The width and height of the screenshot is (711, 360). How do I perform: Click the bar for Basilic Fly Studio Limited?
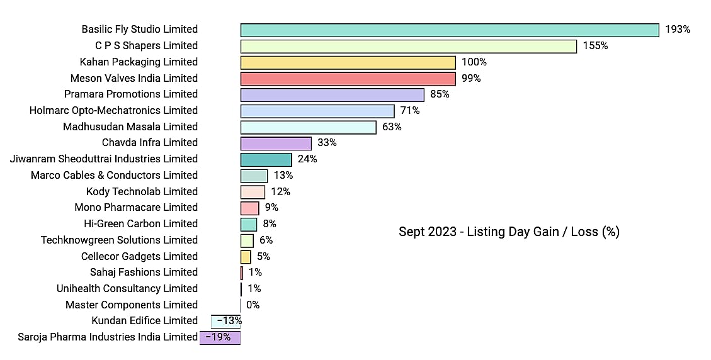click(450, 30)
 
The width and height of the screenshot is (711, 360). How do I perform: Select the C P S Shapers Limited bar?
click(409, 46)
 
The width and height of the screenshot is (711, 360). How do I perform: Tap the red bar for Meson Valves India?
click(348, 79)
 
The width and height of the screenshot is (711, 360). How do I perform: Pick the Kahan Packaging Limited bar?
click(348, 62)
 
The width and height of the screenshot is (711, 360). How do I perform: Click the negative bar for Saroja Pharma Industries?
click(220, 338)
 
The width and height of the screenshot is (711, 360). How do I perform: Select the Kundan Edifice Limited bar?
click(226, 322)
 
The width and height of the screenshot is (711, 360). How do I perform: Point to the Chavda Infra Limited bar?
click(276, 143)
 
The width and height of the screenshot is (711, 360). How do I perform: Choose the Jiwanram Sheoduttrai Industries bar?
click(266, 160)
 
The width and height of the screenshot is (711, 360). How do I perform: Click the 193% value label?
click(678, 30)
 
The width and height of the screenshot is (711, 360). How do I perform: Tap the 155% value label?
click(595, 46)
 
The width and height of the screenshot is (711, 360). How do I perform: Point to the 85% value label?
click(440, 94)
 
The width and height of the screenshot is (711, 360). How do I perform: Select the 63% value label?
click(392, 127)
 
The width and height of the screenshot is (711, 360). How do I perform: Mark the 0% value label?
click(253, 305)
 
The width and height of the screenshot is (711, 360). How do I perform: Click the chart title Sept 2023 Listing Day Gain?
click(509, 232)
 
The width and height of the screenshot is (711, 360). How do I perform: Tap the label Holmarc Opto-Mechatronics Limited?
click(113, 111)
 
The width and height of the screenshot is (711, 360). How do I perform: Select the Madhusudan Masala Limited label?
click(130, 127)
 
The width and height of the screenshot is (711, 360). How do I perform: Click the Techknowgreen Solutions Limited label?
click(119, 240)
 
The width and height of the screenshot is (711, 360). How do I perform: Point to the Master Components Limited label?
click(132, 305)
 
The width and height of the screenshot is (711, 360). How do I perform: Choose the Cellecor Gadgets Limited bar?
click(246, 257)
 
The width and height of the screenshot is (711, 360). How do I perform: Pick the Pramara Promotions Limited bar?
click(333, 95)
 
